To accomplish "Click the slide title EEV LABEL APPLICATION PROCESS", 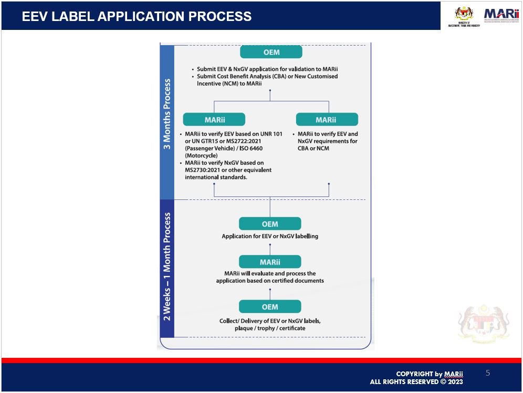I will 137,16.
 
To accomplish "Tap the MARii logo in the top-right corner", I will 501,15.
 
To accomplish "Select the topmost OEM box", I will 271,52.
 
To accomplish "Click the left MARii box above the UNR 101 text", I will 214,119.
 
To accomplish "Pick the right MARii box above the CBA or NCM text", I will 327,119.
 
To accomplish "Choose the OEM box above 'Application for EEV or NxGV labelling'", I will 270,224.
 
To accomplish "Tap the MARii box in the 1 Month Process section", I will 270,262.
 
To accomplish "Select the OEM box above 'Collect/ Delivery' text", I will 270,306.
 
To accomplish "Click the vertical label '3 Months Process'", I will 167,114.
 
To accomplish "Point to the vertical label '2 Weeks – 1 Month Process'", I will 167,266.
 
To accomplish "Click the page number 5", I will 488,373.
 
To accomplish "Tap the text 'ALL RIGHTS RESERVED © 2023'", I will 416,382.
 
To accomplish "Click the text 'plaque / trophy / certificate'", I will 269,328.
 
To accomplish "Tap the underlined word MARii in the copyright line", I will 454,374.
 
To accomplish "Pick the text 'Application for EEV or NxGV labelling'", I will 270,236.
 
